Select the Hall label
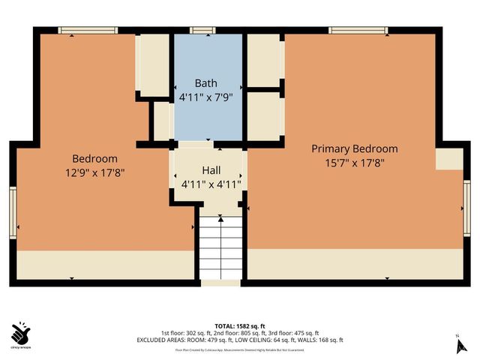click(211, 170)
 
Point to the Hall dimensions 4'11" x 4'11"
click(211, 184)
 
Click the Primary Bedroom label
click(355, 148)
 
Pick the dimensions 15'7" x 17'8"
click(355, 162)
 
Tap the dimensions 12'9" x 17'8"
click(94, 172)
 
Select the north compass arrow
click(461, 345)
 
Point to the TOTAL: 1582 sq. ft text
click(239, 325)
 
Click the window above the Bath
click(200, 31)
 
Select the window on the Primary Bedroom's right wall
click(466, 202)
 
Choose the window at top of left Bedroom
click(88, 31)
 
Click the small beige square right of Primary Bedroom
click(449, 158)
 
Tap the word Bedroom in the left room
click(94, 158)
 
